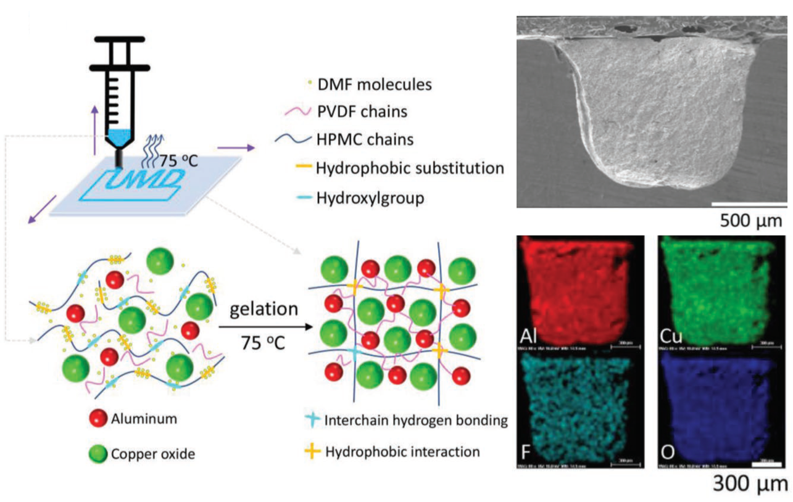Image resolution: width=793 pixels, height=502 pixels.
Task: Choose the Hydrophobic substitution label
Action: point(409,168)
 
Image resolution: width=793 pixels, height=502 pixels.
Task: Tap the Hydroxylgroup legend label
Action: point(370,198)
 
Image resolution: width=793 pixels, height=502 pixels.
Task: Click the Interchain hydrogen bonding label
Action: point(415,421)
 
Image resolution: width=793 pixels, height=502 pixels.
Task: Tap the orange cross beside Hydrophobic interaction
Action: point(313,451)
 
